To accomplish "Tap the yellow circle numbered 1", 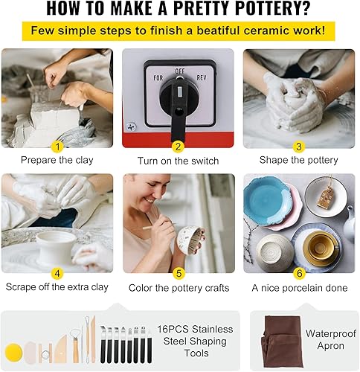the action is pyautogui.click(x=57, y=147).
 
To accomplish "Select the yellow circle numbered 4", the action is pyautogui.click(x=57, y=274).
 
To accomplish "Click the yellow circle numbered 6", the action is pyautogui.click(x=299, y=274).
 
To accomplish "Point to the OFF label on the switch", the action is pyautogui.click(x=180, y=71).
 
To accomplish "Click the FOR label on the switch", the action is pyautogui.click(x=158, y=78).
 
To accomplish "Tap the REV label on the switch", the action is pyautogui.click(x=202, y=78).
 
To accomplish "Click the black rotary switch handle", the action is pyautogui.click(x=179, y=104).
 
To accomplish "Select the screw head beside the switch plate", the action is pyautogui.click(x=131, y=126).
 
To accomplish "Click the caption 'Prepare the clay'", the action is pyautogui.click(x=57, y=160).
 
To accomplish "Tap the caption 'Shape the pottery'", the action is pyautogui.click(x=299, y=160).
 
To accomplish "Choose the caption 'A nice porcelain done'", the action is pyautogui.click(x=300, y=288).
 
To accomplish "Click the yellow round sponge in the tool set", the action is pyautogui.click(x=14, y=353).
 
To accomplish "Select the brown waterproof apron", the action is pyautogui.click(x=281, y=341).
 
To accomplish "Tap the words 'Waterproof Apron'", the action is pyautogui.click(x=331, y=339).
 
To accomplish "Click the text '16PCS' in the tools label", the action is pyautogui.click(x=173, y=329).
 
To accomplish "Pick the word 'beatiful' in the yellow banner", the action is pyautogui.click(x=217, y=31).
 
